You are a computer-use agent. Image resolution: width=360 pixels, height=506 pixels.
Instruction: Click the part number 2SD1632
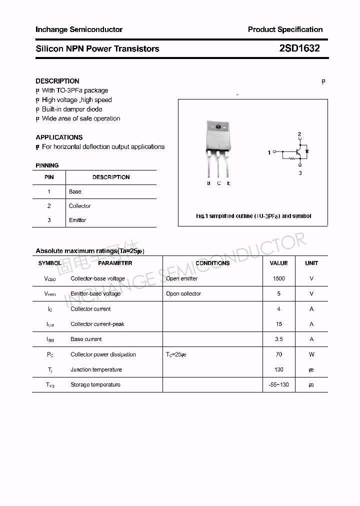point(299,48)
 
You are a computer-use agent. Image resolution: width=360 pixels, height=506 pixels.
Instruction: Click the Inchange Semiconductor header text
point(79,29)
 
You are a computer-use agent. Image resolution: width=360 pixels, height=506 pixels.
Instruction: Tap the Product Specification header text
point(285,29)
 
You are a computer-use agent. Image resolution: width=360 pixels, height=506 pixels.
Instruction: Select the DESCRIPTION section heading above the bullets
point(57,81)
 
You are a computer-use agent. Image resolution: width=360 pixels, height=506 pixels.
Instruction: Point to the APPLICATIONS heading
point(59,137)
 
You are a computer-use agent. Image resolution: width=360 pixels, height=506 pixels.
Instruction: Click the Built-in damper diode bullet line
point(71,109)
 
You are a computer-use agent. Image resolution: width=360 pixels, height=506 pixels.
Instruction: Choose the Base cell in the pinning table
point(75,191)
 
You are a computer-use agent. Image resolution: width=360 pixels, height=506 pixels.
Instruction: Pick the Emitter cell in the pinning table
point(77,220)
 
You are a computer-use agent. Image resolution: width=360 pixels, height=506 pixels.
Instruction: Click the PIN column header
point(49,177)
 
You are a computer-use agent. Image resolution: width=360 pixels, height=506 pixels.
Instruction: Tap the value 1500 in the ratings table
point(278,278)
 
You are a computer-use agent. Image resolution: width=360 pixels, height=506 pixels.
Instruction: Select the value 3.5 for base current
point(278,339)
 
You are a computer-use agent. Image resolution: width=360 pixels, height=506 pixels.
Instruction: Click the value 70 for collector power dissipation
point(278,354)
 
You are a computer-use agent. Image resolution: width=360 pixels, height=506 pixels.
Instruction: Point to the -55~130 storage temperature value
point(278,384)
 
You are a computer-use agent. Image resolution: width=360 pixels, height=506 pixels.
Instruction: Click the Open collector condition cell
point(183,293)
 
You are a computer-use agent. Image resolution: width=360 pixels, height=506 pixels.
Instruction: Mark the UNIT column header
point(311,263)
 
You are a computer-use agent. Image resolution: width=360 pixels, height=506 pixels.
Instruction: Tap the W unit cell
point(311,354)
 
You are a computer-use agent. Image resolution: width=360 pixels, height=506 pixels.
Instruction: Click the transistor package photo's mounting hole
point(218,126)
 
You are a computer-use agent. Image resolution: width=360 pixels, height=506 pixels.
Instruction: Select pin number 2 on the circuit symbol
point(299,134)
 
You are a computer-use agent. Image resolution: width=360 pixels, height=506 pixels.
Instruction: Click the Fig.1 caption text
point(253,216)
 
